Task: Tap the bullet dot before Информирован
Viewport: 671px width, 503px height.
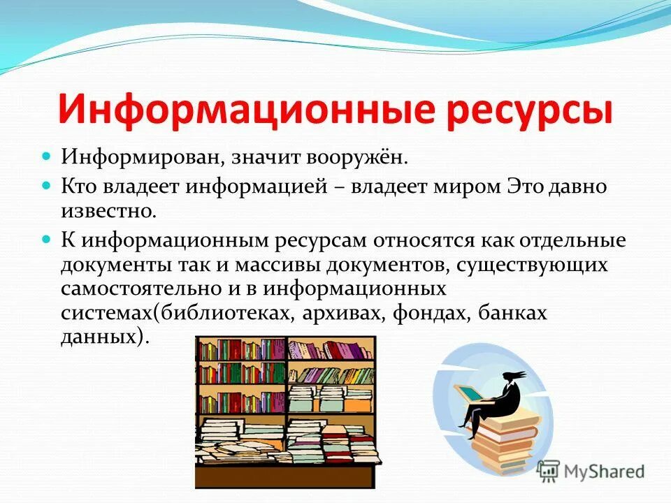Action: (x=48, y=155)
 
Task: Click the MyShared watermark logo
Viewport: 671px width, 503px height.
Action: (x=591, y=471)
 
